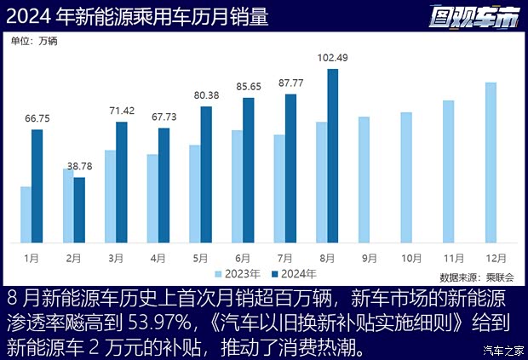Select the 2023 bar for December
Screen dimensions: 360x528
[491, 162]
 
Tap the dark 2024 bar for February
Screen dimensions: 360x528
[79, 209]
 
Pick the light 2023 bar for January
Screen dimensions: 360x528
[26, 214]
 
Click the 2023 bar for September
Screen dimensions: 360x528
[364, 179]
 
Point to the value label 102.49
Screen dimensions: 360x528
[332, 58]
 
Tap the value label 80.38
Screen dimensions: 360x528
[206, 95]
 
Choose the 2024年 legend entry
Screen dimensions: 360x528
[293, 274]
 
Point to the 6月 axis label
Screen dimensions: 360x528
[242, 256]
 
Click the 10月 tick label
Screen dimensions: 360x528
[411, 256]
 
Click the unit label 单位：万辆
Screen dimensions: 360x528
[34, 40]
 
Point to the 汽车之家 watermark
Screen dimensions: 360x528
[502, 350]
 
